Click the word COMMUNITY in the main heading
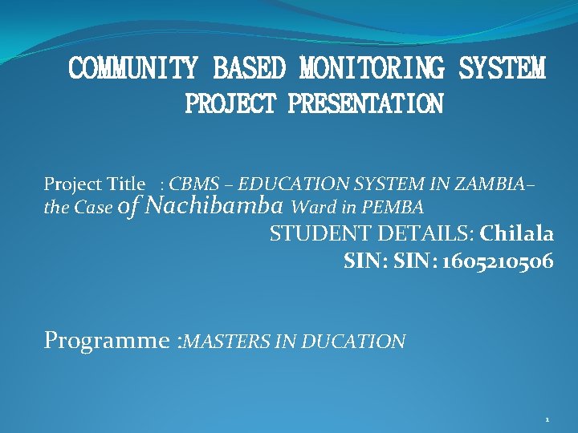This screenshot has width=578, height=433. coord(132,69)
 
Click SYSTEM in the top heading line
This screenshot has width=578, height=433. coord(502,69)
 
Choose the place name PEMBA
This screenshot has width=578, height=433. coord(393,208)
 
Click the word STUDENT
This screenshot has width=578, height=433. coord(309,234)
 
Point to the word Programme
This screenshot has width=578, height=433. coord(106,341)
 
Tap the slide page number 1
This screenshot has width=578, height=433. coord(547,419)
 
